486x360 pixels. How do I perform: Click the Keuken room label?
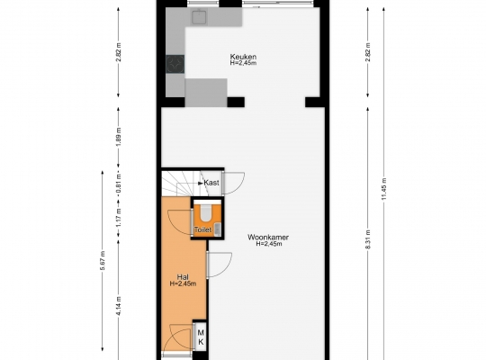click(243, 57)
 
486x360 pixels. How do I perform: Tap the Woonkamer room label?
click(268, 238)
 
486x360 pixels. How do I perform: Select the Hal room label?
click(183, 277)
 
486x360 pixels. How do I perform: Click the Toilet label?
click(202, 229)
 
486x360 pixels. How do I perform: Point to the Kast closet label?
click(211, 183)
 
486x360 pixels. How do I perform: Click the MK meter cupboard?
click(201, 337)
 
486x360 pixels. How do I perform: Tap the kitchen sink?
click(200, 16)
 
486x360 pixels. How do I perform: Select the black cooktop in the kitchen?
click(175, 64)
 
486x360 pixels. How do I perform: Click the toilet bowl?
click(206, 212)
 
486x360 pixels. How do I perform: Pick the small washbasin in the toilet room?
click(218, 229)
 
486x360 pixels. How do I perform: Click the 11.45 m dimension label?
click(384, 188)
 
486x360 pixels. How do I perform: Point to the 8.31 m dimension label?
click(368, 239)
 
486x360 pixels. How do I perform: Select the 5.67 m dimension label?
click(103, 260)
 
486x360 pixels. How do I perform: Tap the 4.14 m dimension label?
click(119, 306)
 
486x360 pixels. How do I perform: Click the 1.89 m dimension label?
click(119, 137)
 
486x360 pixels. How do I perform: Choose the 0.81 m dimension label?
click(119, 184)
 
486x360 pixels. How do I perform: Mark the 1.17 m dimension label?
click(119, 217)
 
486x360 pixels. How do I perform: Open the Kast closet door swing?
click(235, 184)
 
